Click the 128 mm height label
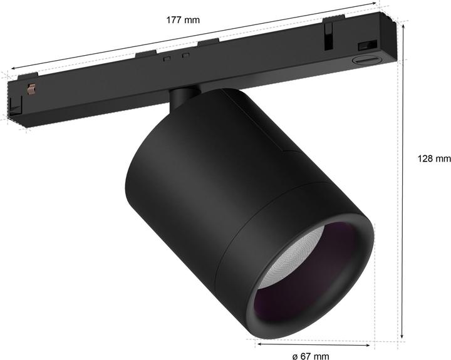[434, 158]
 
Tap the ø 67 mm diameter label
[311, 355]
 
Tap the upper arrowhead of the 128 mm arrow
[401, 66]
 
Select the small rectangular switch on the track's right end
[364, 46]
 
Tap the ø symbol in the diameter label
[295, 356]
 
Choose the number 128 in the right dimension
[425, 158]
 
